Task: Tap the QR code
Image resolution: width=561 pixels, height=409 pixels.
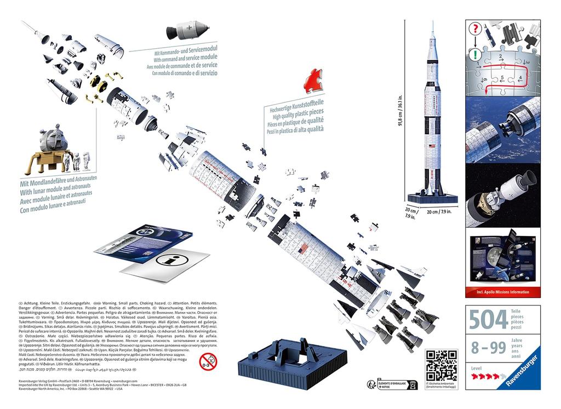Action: coord(442,362)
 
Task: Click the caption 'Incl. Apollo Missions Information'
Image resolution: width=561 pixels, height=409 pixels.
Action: coord(502,292)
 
